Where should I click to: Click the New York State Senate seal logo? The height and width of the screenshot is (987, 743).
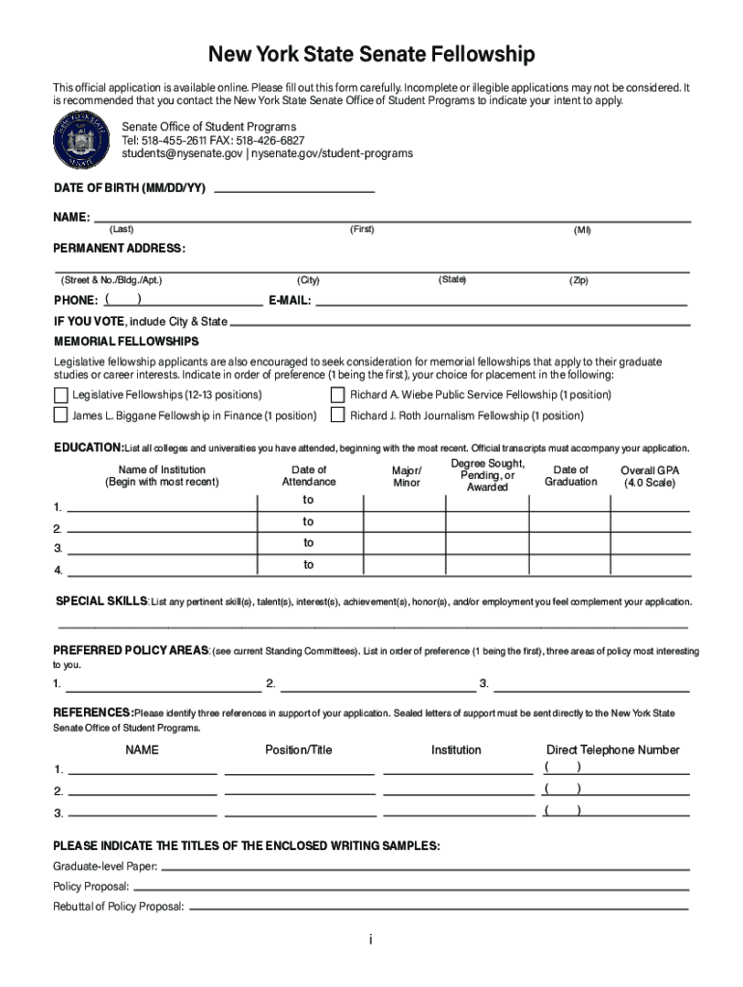coord(82,141)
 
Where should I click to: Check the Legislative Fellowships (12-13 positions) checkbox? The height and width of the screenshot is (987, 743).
coord(61,395)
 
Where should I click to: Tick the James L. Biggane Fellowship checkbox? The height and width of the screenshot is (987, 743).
coord(61,416)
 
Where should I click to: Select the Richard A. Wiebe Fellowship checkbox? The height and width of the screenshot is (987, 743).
coord(338,395)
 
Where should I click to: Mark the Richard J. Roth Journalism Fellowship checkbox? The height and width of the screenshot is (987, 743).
coord(338,416)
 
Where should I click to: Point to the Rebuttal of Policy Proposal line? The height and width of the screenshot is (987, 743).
coord(438,906)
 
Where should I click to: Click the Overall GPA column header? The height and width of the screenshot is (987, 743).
coord(649,476)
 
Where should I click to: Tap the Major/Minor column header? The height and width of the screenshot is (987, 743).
coord(407,476)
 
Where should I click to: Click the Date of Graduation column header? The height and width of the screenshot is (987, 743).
coord(570,476)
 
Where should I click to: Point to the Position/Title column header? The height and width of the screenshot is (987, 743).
coord(298,750)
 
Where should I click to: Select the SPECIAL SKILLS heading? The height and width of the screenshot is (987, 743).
coord(100,601)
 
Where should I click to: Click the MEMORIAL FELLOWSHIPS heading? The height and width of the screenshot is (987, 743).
coord(126,342)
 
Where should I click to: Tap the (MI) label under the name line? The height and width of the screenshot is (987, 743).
coord(582,230)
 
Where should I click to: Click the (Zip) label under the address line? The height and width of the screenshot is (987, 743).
coord(578,280)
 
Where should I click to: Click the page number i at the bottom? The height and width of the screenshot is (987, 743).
coord(371,940)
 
